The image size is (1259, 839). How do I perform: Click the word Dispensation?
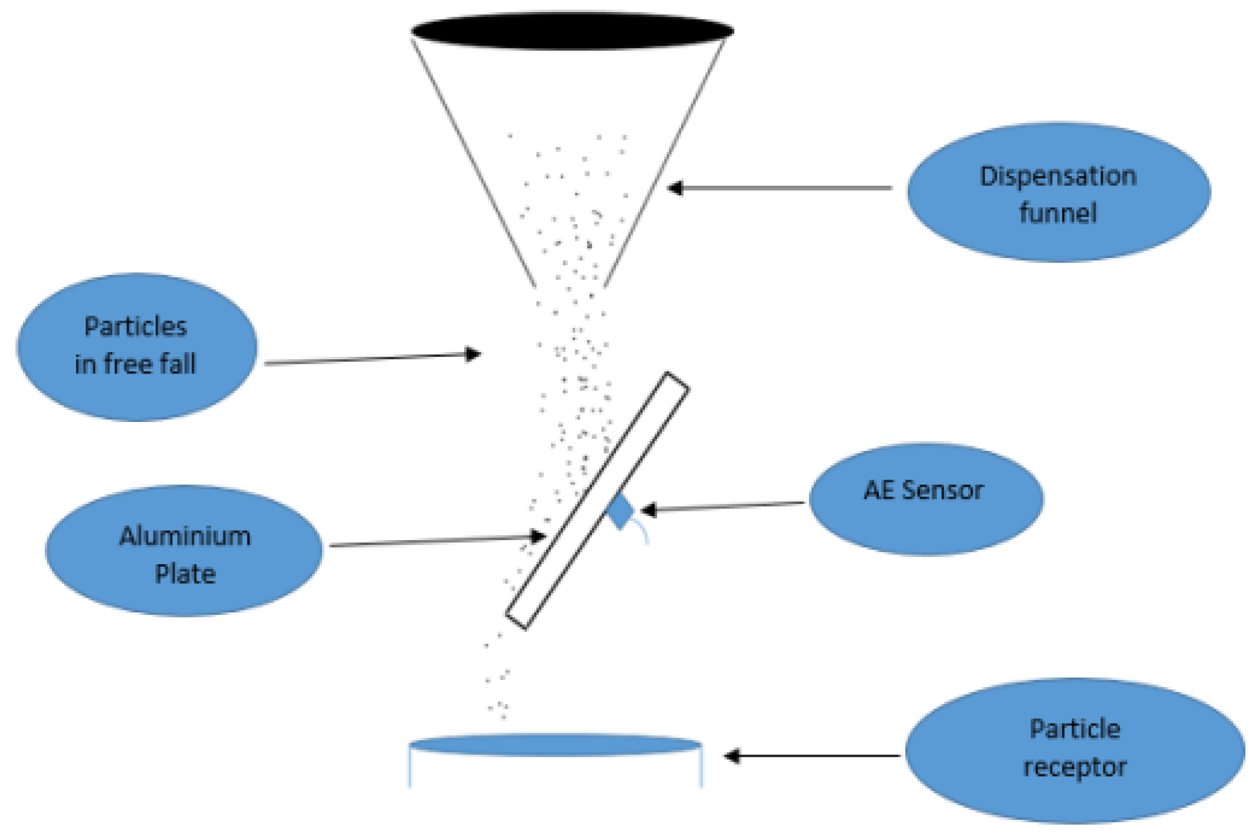click(1057, 176)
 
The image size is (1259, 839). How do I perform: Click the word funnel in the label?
click(1057, 212)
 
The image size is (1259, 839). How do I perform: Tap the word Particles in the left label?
click(135, 326)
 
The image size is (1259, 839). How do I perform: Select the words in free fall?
click(135, 364)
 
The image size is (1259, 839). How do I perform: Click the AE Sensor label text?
click(924, 490)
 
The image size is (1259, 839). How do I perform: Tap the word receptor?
click(1075, 767)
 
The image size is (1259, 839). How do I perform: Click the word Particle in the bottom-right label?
click(1075, 729)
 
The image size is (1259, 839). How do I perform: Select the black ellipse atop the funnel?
click(572, 31)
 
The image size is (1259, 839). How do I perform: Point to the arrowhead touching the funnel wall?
click(675, 188)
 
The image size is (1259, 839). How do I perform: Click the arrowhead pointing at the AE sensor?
click(648, 510)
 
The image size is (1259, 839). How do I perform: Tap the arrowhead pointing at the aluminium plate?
click(537, 536)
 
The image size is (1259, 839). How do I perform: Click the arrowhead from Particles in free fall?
click(473, 354)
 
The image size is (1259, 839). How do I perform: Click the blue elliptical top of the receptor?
click(555, 745)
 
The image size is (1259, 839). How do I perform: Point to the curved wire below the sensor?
click(642, 530)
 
